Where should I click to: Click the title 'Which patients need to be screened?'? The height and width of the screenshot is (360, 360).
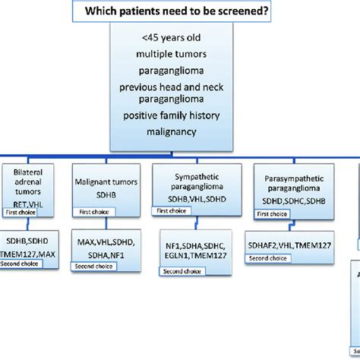point(180,11)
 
